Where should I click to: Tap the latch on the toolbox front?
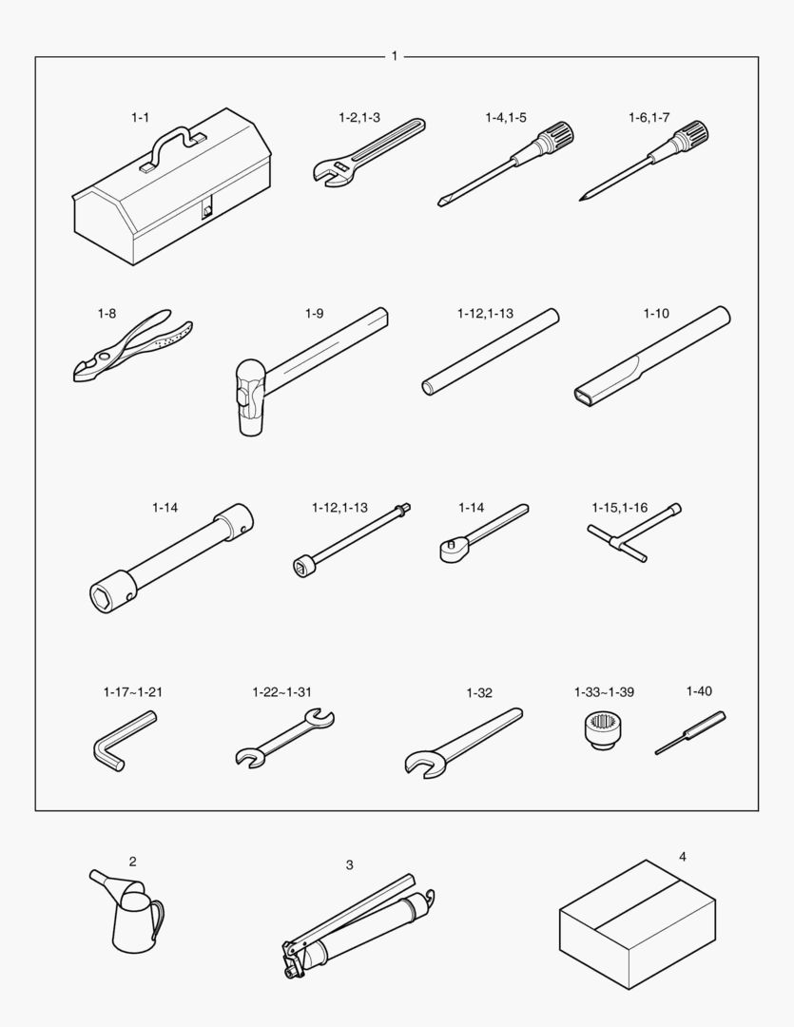click(x=207, y=210)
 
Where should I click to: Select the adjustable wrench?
click(x=367, y=152)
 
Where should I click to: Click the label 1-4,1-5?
click(x=506, y=117)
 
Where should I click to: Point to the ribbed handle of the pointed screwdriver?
click(x=692, y=136)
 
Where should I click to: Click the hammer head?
click(x=251, y=397)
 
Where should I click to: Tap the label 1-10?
click(x=656, y=313)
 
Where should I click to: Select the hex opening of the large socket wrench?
click(x=102, y=598)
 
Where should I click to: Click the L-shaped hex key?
click(x=125, y=742)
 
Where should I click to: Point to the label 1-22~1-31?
click(x=282, y=691)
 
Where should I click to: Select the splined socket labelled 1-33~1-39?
click(x=604, y=731)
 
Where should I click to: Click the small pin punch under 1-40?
click(x=690, y=733)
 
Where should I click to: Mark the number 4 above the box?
click(x=683, y=857)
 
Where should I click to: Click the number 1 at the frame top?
click(x=395, y=56)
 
